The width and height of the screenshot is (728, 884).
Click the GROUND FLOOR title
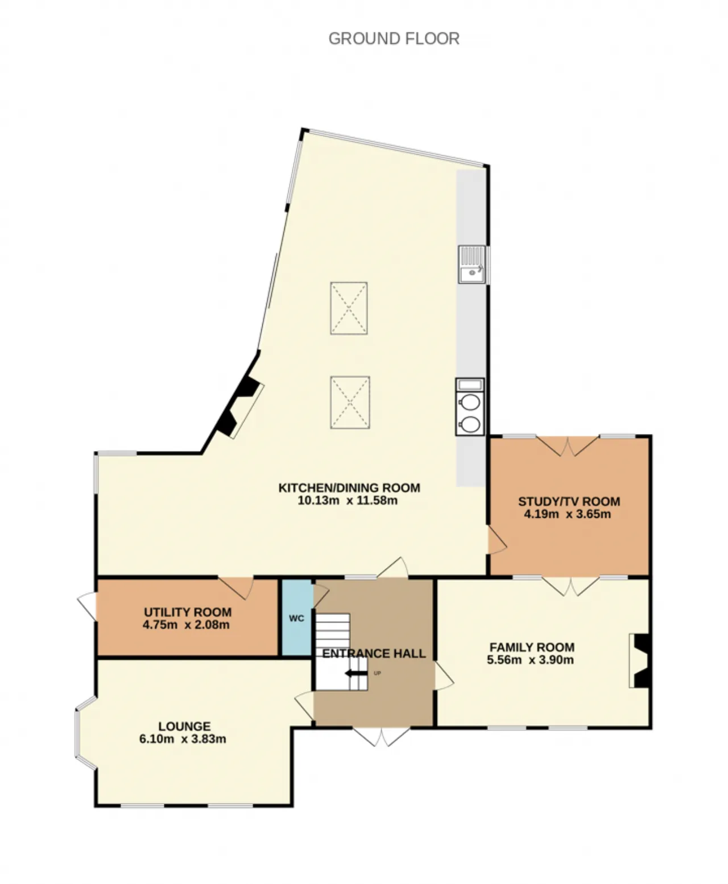[394, 39]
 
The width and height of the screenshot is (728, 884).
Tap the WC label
[296, 618]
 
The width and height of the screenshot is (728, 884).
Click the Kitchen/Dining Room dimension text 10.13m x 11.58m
[348, 501]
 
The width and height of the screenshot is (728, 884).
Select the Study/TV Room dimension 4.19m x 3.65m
[568, 514]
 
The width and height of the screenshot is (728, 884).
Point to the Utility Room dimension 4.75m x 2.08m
[186, 625]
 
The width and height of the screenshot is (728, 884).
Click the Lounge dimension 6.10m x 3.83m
[183, 739]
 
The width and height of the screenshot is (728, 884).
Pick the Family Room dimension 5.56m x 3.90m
[530, 660]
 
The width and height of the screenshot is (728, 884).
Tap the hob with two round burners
[470, 407]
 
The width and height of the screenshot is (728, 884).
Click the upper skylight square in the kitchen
[349, 308]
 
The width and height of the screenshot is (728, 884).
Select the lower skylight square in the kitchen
[350, 402]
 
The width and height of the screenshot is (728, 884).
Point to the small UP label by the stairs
[378, 673]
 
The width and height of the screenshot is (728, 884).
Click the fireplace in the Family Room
[640, 660]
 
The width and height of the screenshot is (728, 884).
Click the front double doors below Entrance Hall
[382, 737]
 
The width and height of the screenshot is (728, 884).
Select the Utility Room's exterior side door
[87, 606]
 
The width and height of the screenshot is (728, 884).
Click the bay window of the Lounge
[86, 732]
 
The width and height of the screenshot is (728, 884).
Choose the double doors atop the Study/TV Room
[568, 446]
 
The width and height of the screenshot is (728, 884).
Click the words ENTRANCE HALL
[374, 654]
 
